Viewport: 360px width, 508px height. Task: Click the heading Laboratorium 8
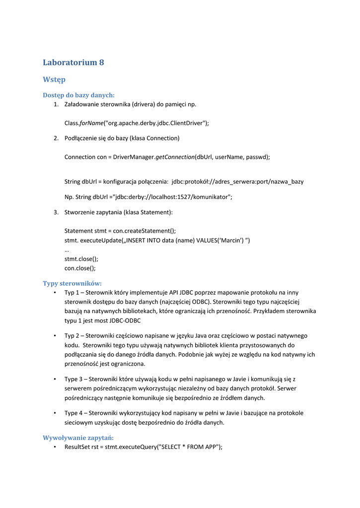point(73,63)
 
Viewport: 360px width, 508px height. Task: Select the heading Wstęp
point(54,79)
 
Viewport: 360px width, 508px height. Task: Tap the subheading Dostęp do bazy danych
point(78,95)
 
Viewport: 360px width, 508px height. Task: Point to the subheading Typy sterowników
point(72,283)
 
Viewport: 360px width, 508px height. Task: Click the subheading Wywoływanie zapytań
point(78,438)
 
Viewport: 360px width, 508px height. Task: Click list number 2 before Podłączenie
point(56,138)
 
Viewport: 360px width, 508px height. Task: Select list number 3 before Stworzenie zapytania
point(56,212)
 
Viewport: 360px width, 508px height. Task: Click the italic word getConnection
point(175,157)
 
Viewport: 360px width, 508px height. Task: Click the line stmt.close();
point(81,259)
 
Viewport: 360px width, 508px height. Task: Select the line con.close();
point(80,268)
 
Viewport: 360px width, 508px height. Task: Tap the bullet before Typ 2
point(54,336)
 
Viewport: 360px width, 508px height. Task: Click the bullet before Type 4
point(54,413)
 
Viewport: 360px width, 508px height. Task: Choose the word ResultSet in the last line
point(77,447)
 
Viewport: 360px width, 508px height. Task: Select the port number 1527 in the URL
point(180,197)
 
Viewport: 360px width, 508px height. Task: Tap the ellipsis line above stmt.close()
point(67,250)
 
